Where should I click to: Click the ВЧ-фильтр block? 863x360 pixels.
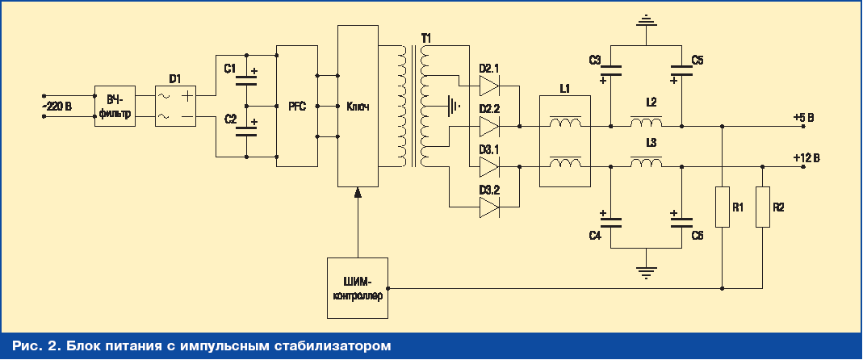pyautogui.click(x=114, y=106)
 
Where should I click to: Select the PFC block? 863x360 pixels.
pyautogui.click(x=296, y=106)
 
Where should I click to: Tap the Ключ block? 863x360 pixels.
pyautogui.click(x=357, y=106)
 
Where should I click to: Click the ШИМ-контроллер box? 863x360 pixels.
pyautogui.click(x=357, y=288)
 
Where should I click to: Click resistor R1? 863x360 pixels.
pyautogui.click(x=723, y=207)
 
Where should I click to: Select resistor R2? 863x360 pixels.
pyautogui.click(x=762, y=207)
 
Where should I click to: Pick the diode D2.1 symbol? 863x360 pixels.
pyautogui.click(x=489, y=83)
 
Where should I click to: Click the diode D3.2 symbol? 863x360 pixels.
pyautogui.click(x=489, y=207)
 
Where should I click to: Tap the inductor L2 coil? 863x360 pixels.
pyautogui.click(x=646, y=123)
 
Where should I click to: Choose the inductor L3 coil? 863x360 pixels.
pyautogui.click(x=646, y=164)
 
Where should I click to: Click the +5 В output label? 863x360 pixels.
pyautogui.click(x=803, y=118)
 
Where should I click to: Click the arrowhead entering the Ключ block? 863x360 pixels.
pyautogui.click(x=357, y=191)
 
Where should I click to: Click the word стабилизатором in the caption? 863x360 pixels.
pyautogui.click(x=329, y=347)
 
